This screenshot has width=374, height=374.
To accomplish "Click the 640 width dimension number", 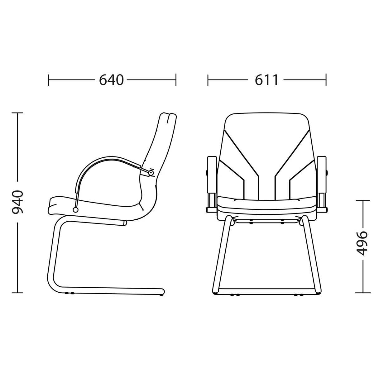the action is click(x=111, y=80).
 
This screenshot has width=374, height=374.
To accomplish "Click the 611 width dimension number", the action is click(x=266, y=80).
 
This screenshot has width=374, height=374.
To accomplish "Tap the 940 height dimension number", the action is click(x=18, y=202).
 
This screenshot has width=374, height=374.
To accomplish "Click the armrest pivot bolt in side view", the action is click(x=151, y=173).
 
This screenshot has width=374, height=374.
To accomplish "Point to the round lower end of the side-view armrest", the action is click(x=75, y=210).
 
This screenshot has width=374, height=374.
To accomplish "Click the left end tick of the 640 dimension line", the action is click(x=48, y=79).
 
